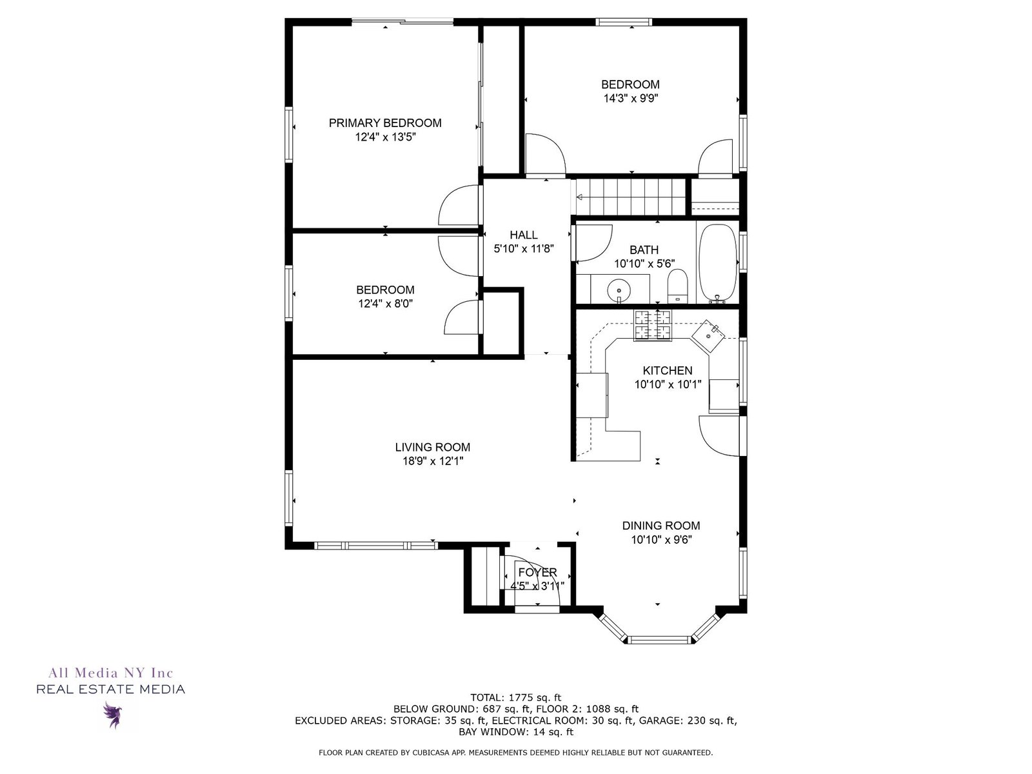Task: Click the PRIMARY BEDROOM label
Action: tap(385, 123)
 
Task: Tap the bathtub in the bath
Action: tap(717, 264)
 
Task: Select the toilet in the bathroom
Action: tap(677, 286)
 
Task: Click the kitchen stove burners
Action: tap(653, 325)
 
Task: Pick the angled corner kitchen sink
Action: tap(708, 337)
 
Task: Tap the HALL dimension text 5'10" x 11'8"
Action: tap(524, 248)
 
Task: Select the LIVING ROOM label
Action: tap(433, 448)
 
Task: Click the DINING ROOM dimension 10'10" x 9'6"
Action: tap(661, 540)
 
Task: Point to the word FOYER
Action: tap(537, 572)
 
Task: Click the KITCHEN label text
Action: tap(668, 371)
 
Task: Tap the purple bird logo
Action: tap(112, 715)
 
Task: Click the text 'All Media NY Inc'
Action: tap(111, 673)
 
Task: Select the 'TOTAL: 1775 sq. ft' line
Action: tap(516, 698)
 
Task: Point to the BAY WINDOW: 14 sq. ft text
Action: tap(516, 731)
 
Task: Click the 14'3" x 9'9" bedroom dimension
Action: tap(630, 99)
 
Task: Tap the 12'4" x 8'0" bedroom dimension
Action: tap(385, 304)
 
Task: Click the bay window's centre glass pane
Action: tap(660, 639)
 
